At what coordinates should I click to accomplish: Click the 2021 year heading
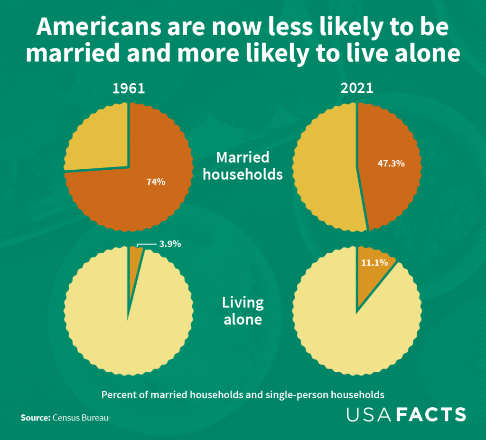(x=357, y=89)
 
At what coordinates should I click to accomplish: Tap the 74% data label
(x=156, y=181)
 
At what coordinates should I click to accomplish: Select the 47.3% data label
(x=391, y=164)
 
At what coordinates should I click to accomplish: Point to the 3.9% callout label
(x=170, y=244)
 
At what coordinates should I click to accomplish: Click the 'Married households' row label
(x=243, y=165)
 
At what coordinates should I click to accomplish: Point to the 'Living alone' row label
(x=243, y=311)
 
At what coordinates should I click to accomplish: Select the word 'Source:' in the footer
(x=35, y=418)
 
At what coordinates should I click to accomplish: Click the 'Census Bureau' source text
(x=81, y=418)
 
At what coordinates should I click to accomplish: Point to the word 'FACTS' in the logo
(x=431, y=414)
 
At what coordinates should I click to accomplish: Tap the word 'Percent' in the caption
(x=117, y=394)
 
